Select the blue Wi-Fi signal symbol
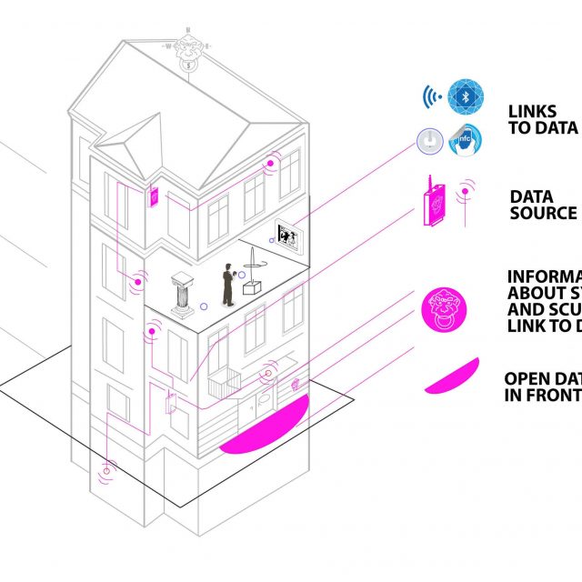click(x=431, y=96)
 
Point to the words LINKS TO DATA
click(x=543, y=118)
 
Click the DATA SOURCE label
click(x=543, y=205)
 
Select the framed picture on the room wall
click(x=288, y=235)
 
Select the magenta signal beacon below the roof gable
click(x=270, y=166)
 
